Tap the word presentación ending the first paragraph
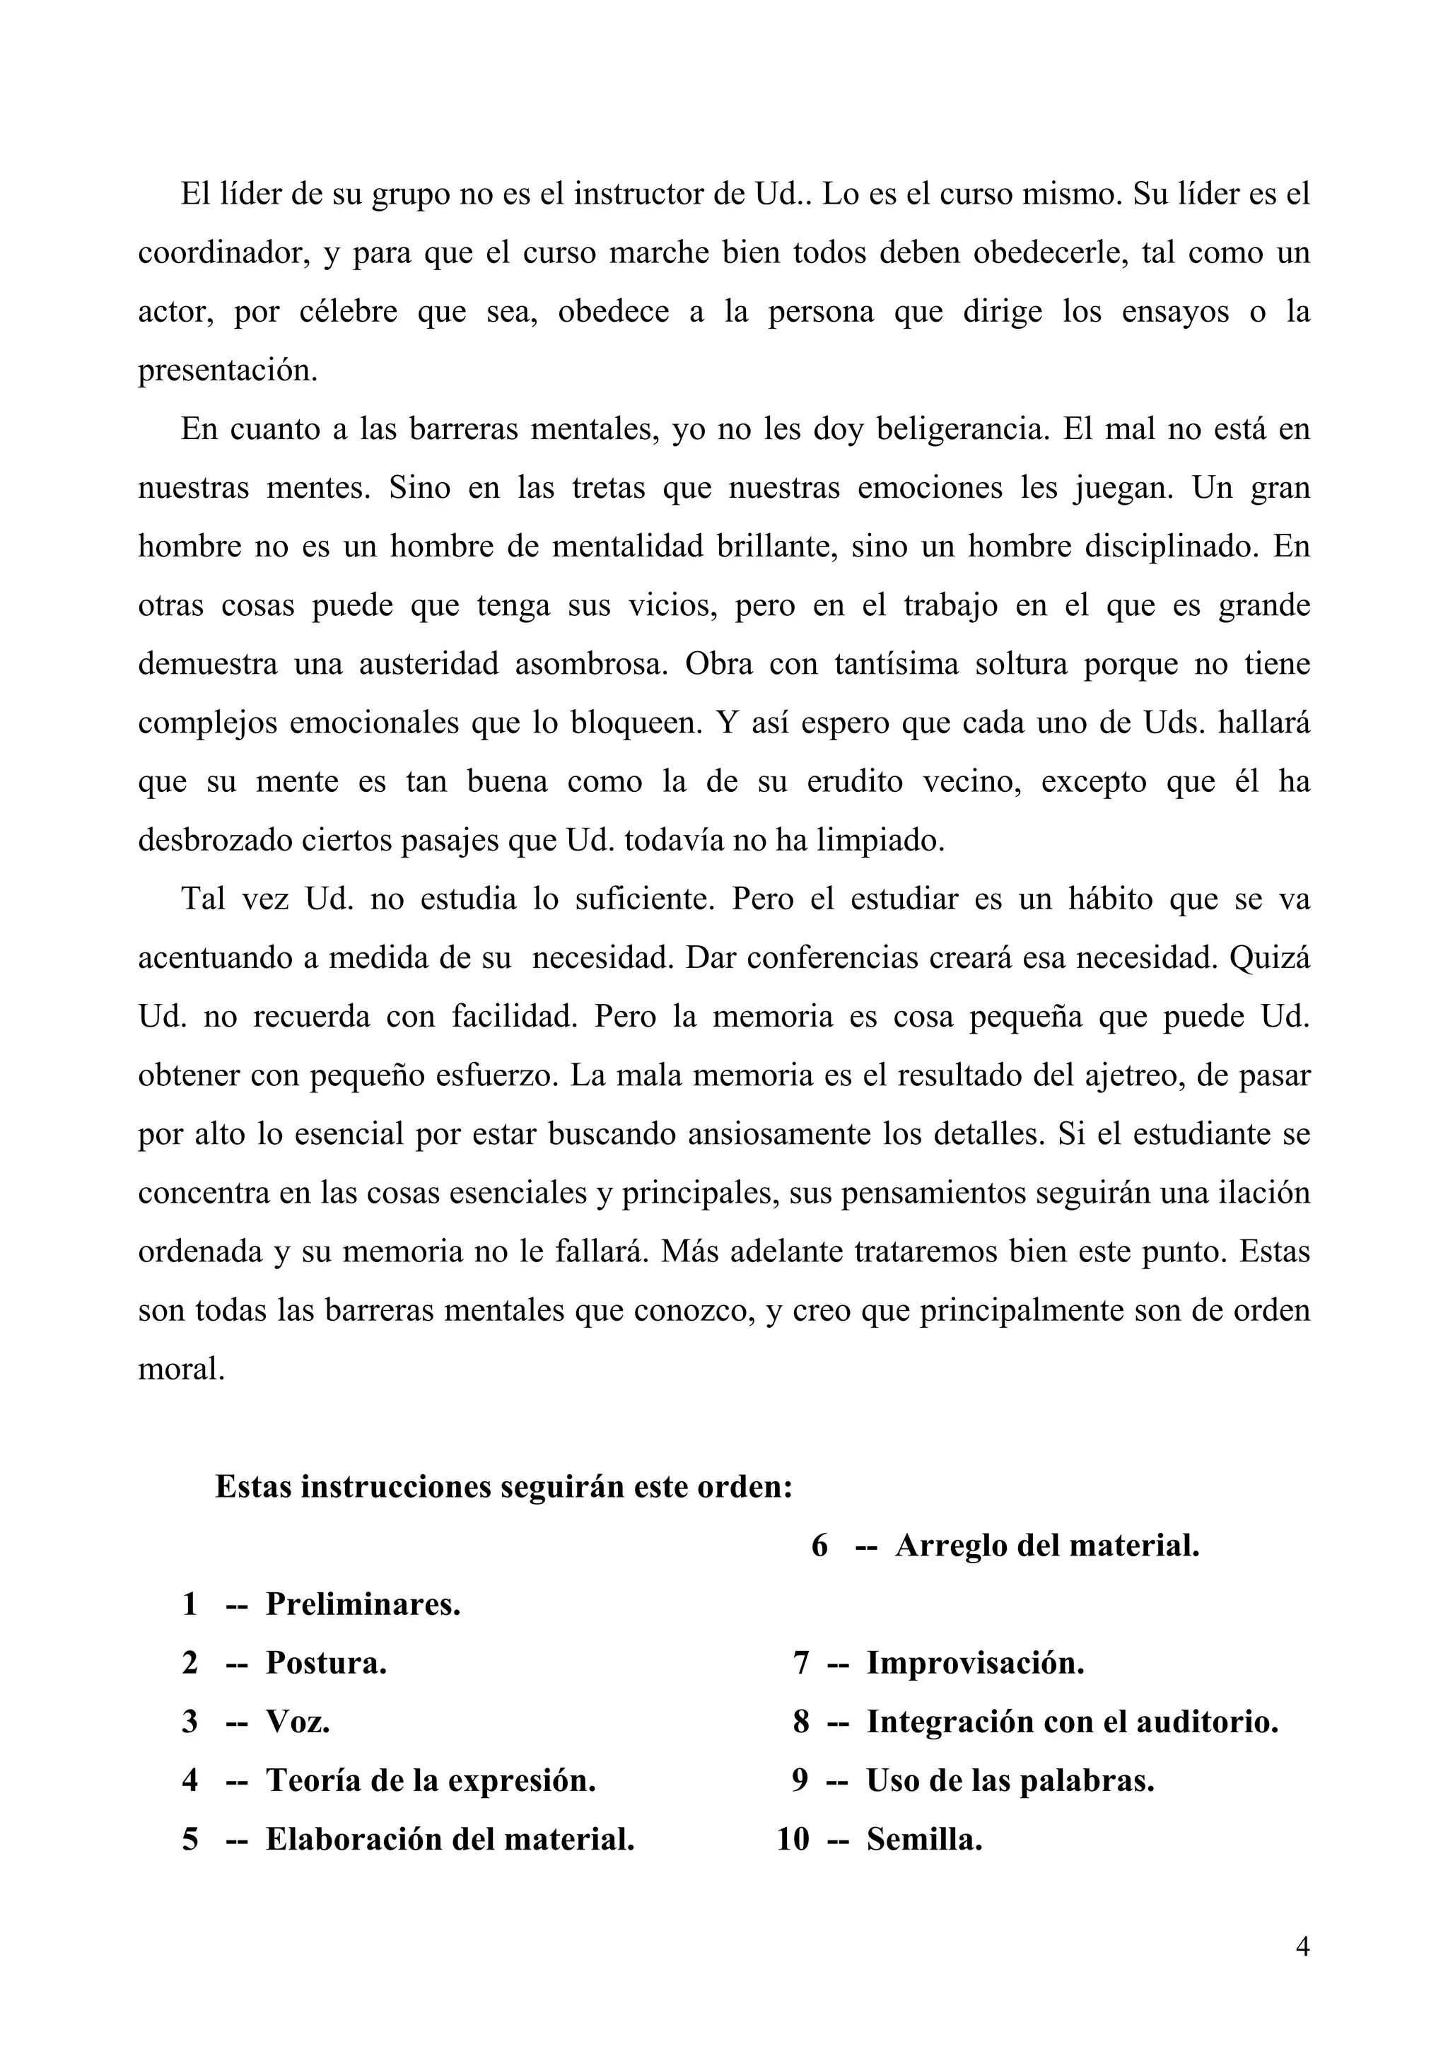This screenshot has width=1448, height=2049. [228, 370]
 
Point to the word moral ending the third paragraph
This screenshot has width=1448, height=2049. [180, 1368]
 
